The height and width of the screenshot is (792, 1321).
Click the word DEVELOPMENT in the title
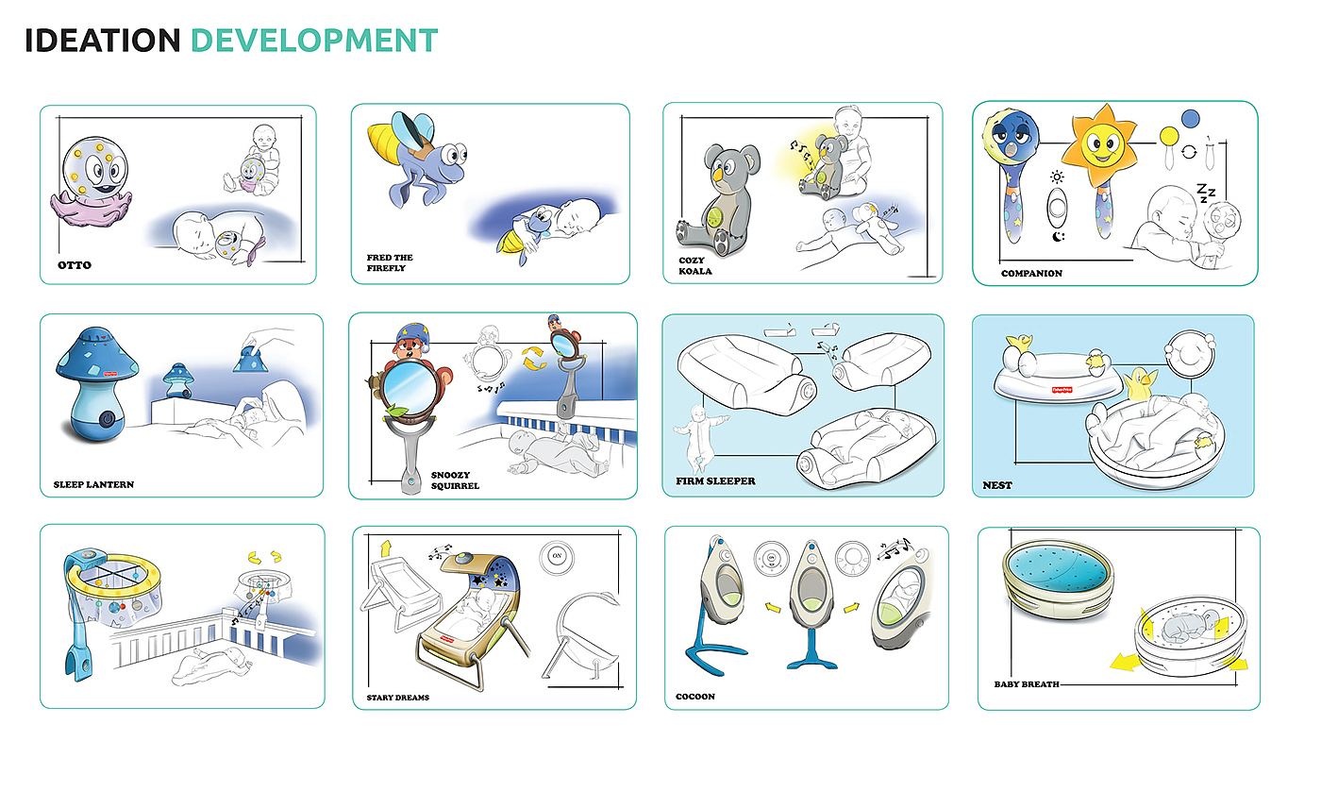click(x=314, y=41)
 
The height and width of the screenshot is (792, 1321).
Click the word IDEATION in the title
click(x=103, y=41)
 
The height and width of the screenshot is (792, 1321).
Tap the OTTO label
click(x=75, y=265)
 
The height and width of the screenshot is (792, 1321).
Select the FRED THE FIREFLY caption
click(x=390, y=262)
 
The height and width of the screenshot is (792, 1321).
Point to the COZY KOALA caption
click(x=695, y=265)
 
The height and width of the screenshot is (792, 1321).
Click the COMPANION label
click(x=1031, y=273)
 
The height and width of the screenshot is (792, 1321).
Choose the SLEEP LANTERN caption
click(x=93, y=484)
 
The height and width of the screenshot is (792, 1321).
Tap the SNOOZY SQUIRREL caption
click(x=455, y=480)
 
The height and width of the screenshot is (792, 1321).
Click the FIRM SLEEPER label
click(x=715, y=481)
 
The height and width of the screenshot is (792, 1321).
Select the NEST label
click(x=997, y=485)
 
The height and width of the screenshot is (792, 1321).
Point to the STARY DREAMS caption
click(x=398, y=698)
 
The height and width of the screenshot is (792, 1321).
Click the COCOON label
click(x=695, y=697)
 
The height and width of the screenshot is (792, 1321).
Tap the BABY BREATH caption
click(x=1027, y=684)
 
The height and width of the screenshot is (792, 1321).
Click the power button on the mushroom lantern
click(x=108, y=420)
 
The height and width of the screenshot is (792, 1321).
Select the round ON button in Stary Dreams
click(x=557, y=556)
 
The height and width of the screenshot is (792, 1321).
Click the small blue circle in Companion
click(x=1191, y=119)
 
